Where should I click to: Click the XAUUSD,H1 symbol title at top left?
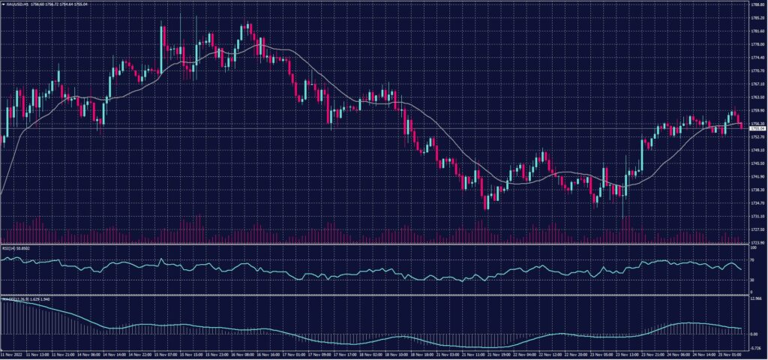click(16, 4)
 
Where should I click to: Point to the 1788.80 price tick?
click(757, 4)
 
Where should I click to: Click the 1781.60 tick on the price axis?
click(757, 31)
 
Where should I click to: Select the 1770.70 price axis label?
click(757, 71)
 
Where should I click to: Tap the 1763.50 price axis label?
click(757, 97)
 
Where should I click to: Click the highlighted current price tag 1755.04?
click(757, 128)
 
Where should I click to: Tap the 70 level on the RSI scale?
click(752, 259)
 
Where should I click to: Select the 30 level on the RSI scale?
click(752, 280)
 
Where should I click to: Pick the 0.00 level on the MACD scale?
click(754, 334)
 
